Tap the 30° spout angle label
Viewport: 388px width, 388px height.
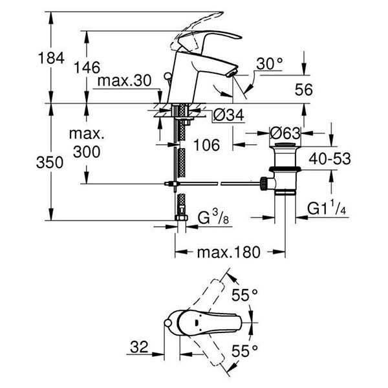[271, 63]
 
